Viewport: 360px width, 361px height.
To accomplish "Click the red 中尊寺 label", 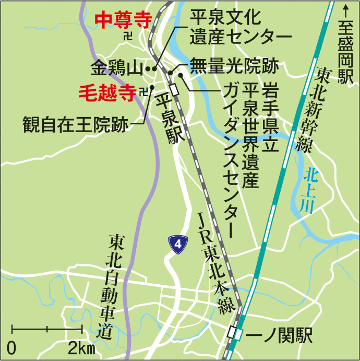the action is click(124, 20).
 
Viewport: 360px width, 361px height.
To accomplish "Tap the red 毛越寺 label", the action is click(106, 92).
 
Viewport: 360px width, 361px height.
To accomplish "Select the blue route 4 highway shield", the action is click(178, 244).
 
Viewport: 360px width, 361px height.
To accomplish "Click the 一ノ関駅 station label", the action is click(279, 335).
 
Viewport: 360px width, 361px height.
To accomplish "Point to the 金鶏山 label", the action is click(116, 68).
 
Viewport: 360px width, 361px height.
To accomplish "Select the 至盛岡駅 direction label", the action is click(345, 53).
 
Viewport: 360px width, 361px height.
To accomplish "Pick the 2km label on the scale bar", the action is click(81, 348).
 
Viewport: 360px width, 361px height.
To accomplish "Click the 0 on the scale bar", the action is click(11, 348).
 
